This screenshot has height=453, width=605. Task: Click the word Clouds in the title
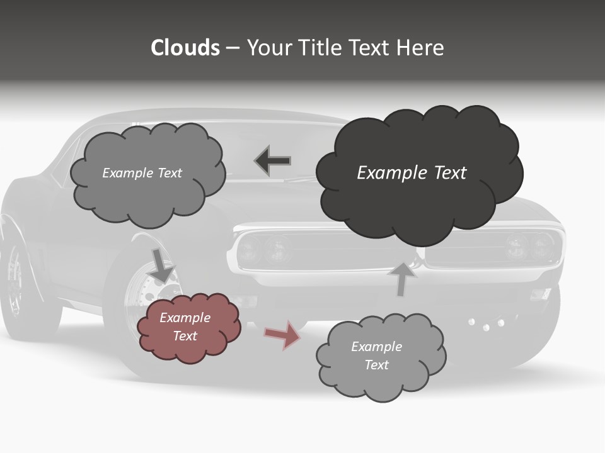[x=185, y=48]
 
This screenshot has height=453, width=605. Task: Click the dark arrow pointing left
[x=273, y=161]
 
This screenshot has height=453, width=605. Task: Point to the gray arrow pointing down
[x=163, y=264]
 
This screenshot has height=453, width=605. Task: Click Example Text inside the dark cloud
[x=412, y=173]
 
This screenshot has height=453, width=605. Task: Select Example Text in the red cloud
[x=185, y=327]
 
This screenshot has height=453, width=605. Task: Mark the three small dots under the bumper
[x=486, y=324]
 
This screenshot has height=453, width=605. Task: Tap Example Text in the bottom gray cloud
[x=376, y=355]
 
